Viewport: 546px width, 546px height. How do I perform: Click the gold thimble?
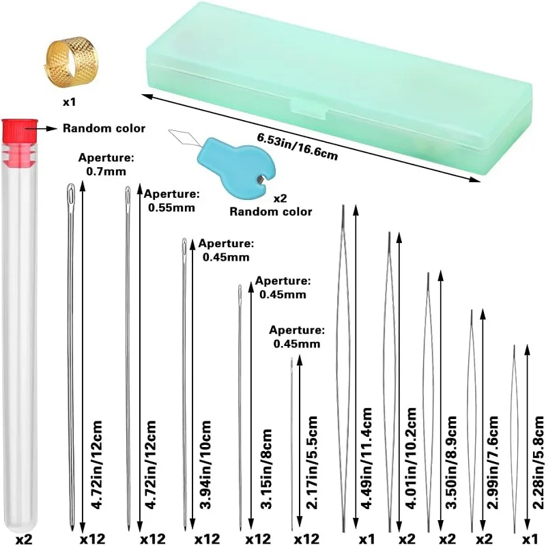tap(68, 58)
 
